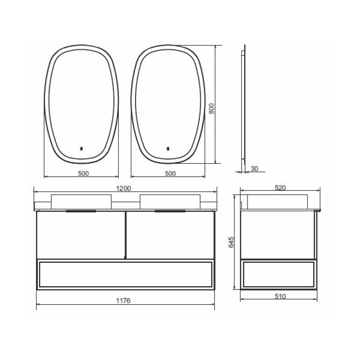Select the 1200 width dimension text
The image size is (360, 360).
tap(124, 189)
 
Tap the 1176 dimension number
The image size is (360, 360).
tap(124, 301)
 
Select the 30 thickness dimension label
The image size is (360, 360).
tap(254, 169)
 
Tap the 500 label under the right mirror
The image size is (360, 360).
tap(170, 174)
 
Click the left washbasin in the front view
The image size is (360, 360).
tap(81, 201)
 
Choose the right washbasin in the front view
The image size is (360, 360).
tap(169, 201)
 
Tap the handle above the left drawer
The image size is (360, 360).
tap(81, 211)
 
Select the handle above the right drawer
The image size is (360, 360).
tap(170, 211)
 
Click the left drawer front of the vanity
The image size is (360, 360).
tap(81, 235)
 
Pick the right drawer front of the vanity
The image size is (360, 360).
tap(170, 235)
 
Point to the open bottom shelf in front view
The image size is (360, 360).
tap(125, 274)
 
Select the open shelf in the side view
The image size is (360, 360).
tap(279, 274)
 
